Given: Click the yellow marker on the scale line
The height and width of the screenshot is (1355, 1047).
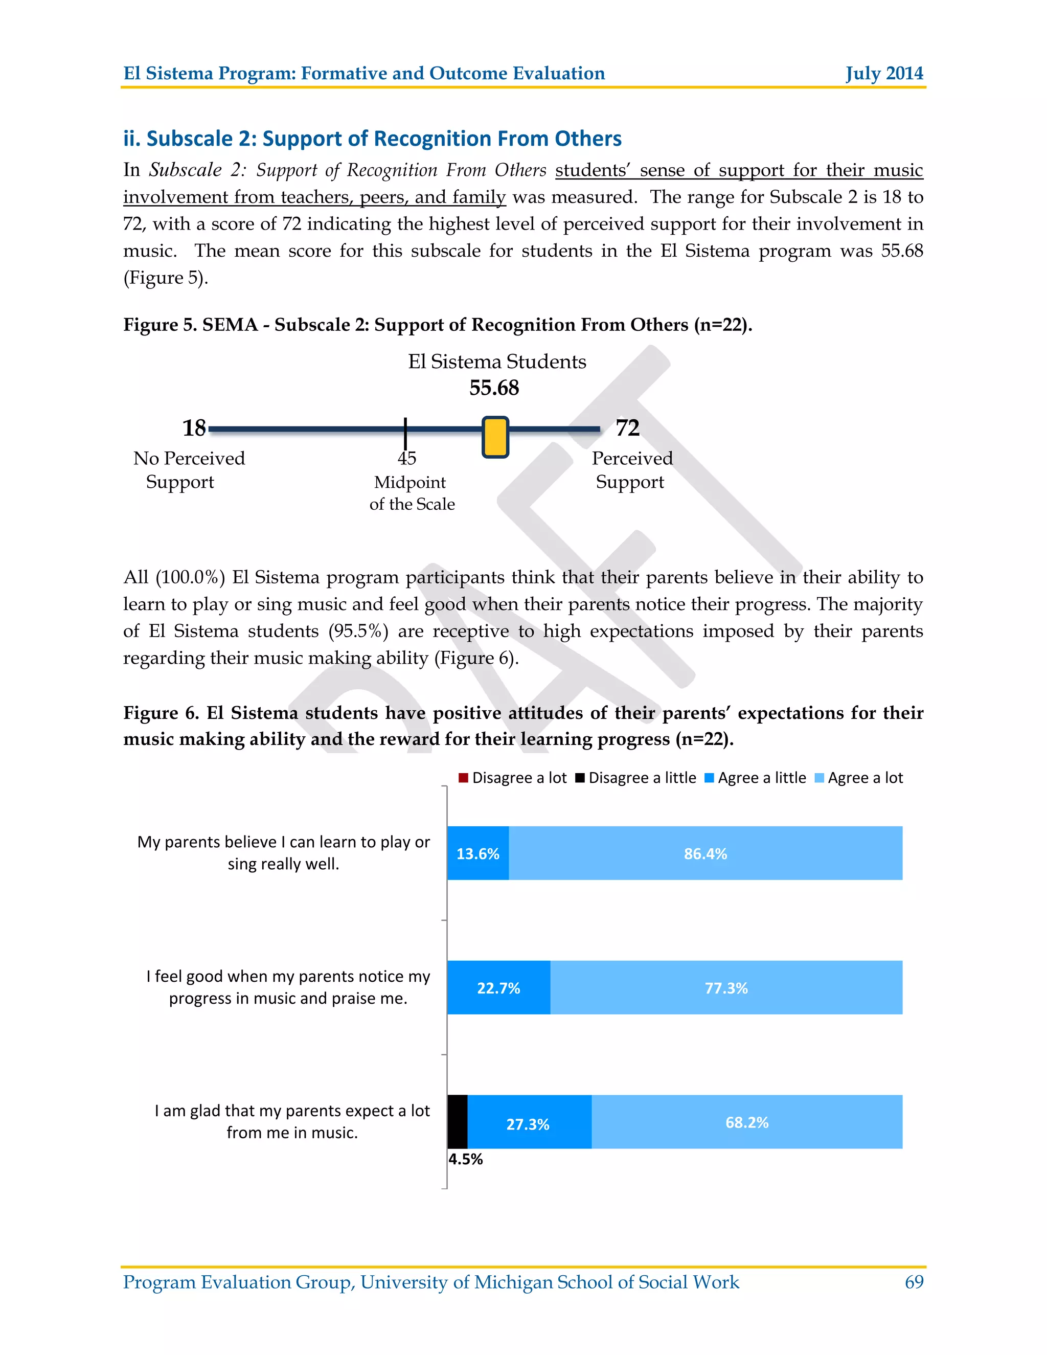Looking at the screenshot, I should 495,437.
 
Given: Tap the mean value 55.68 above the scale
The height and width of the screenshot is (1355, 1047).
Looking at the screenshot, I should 494,388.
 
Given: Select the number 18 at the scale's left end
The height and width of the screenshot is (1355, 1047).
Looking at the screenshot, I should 194,428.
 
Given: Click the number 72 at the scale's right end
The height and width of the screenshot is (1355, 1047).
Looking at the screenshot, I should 627,428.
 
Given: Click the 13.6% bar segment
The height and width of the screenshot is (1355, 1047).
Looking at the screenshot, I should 477,853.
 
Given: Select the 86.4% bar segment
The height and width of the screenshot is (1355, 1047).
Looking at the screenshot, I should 705,853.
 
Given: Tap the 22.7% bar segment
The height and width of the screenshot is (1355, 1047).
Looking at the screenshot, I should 498,988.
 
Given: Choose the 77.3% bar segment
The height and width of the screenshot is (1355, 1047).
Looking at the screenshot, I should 726,988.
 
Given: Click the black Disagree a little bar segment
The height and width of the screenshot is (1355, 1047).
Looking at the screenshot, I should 457,1122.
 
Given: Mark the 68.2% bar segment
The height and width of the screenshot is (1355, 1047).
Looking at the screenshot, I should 747,1122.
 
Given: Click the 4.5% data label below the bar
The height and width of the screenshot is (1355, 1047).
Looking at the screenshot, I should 465,1159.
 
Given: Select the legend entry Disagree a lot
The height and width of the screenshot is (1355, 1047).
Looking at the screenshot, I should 512,778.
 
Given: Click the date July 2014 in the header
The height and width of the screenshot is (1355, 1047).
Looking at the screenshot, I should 884,73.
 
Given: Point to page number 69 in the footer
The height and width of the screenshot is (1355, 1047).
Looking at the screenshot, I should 914,1282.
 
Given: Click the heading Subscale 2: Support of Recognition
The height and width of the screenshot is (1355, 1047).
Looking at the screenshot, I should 372,139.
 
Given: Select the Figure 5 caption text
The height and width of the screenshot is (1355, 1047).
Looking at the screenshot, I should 437,325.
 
